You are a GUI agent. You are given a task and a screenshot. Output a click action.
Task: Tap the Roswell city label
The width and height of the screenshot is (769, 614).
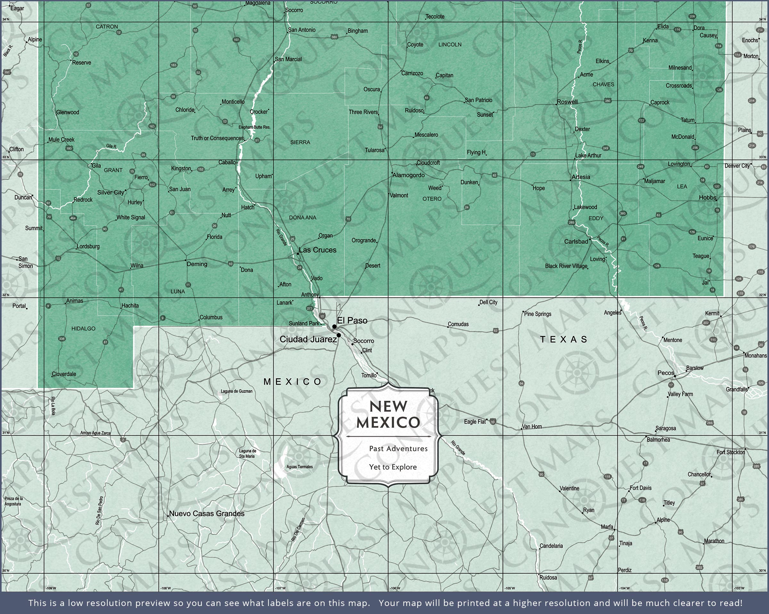567,102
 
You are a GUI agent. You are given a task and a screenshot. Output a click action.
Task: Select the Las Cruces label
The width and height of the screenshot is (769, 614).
318,250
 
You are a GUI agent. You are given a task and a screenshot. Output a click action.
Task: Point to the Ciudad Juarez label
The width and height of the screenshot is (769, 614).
308,339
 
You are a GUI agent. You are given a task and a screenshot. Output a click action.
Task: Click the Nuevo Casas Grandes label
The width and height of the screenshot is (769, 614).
207,514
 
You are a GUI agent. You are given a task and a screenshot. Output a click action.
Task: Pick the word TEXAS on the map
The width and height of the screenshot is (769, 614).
564,339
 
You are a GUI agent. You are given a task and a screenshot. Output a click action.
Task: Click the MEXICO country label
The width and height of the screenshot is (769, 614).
293,382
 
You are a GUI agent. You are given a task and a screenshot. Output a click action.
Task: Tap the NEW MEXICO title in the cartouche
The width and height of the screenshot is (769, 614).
388,414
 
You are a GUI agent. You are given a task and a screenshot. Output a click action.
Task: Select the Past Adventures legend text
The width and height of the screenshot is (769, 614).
398,449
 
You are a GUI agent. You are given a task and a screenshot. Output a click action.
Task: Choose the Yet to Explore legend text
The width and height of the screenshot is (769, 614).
393,467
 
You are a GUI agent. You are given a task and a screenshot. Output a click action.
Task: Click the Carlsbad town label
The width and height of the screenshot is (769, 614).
576,242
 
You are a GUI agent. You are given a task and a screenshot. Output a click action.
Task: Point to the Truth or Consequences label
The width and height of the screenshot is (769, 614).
217,138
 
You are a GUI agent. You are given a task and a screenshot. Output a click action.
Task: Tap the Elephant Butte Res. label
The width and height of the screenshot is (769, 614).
254,127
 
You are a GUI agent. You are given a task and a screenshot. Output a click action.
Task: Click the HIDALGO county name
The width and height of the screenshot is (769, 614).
83,328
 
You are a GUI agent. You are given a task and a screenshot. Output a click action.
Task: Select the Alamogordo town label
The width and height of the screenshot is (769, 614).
409,175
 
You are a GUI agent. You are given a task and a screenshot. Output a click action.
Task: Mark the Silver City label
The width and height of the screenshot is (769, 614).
111,192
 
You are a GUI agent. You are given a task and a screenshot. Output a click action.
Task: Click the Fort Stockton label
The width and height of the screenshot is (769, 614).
731,452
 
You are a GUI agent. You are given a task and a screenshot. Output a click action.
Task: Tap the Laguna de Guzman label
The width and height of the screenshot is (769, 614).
236,391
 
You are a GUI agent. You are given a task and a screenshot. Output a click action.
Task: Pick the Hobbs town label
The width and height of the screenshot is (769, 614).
707,198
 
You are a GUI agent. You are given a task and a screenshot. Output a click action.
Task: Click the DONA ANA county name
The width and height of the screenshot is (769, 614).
302,217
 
